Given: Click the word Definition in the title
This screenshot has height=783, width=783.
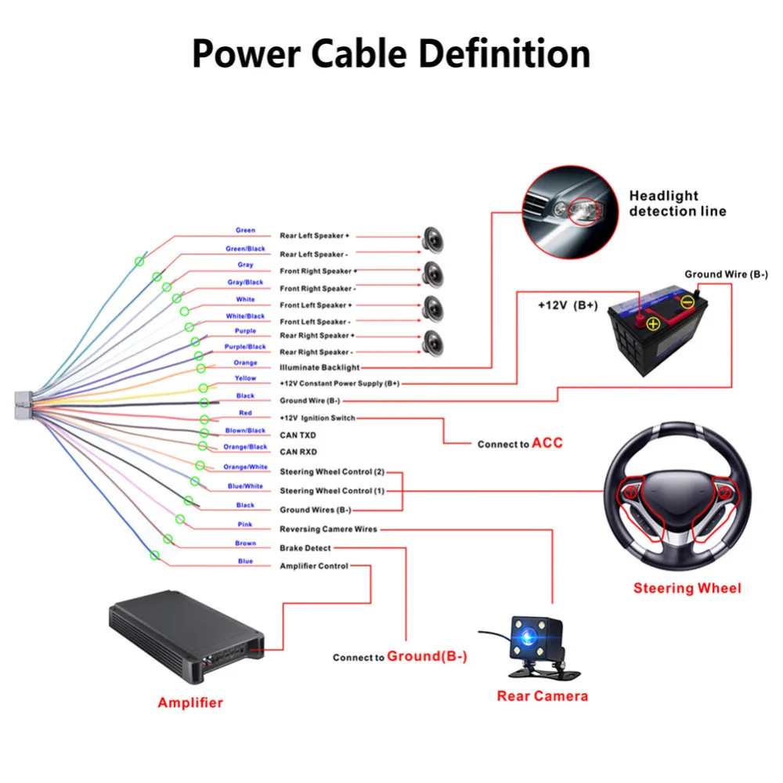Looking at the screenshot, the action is coord(504,53).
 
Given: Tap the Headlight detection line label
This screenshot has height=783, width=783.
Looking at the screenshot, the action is coord(677,204).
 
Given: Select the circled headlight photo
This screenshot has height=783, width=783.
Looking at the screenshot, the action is coord(570,212).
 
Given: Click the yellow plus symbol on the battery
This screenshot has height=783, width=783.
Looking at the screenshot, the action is coord(653,324).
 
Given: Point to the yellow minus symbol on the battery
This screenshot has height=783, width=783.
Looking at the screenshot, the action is coord(687,301).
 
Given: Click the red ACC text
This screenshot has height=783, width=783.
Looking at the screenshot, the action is coord(547,443).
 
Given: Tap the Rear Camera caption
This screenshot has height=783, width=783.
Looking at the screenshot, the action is coord(543,696).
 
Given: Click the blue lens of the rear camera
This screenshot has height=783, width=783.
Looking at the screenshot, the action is coord(529,637).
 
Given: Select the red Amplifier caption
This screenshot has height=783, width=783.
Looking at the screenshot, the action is coord(190,702).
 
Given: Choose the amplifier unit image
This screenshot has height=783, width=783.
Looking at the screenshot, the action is coord(186,637).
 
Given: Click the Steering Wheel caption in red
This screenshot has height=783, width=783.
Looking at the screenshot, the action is coord(687,588).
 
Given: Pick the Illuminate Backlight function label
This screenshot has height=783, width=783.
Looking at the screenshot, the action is coord(319,367).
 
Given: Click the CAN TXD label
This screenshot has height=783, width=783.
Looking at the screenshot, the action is coord(298,435).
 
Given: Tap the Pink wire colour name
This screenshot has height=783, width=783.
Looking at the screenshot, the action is coord(244,525).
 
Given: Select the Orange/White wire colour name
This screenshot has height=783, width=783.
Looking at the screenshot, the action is coord(245,467).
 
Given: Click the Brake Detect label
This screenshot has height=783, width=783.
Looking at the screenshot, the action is coord(305,548).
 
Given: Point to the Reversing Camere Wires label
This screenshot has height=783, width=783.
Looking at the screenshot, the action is coord(329,529).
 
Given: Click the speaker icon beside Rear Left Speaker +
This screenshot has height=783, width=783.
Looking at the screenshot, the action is coord(433,240).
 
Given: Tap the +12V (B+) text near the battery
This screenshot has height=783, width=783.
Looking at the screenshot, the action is coord(568,305).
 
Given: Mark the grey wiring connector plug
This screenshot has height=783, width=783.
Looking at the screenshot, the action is coord(23,405).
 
